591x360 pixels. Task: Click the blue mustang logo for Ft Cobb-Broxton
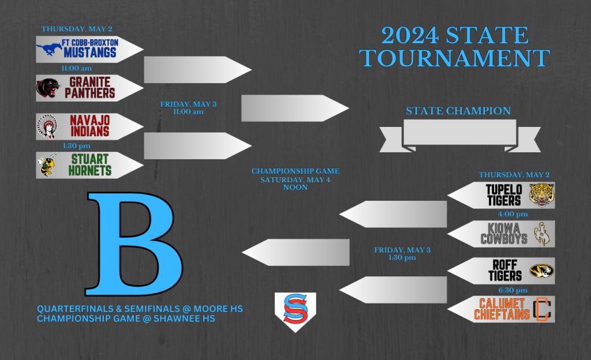pyautogui.click(x=50, y=48)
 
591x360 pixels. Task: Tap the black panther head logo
pyautogui.click(x=48, y=88)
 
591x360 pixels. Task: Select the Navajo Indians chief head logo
pyautogui.click(x=47, y=126)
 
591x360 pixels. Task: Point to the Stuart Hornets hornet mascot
pyautogui.click(x=47, y=165)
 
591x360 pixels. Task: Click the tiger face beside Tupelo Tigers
pyautogui.click(x=541, y=195)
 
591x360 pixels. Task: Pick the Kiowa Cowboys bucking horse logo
pyautogui.click(x=541, y=234)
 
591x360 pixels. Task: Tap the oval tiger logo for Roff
pyautogui.click(x=541, y=271)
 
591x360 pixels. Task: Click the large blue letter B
pyautogui.click(x=134, y=244)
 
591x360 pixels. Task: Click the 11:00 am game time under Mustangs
pyautogui.click(x=77, y=68)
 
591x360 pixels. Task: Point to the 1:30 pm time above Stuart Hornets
pyautogui.click(x=77, y=146)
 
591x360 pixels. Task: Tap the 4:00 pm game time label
pyautogui.click(x=513, y=214)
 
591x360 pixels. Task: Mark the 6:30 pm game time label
pyautogui.click(x=513, y=290)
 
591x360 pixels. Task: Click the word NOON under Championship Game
pyautogui.click(x=295, y=187)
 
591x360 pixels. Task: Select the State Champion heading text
pyautogui.click(x=458, y=111)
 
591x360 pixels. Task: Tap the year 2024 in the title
pyautogui.click(x=410, y=35)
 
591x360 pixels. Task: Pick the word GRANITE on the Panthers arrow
pyautogui.click(x=89, y=82)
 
